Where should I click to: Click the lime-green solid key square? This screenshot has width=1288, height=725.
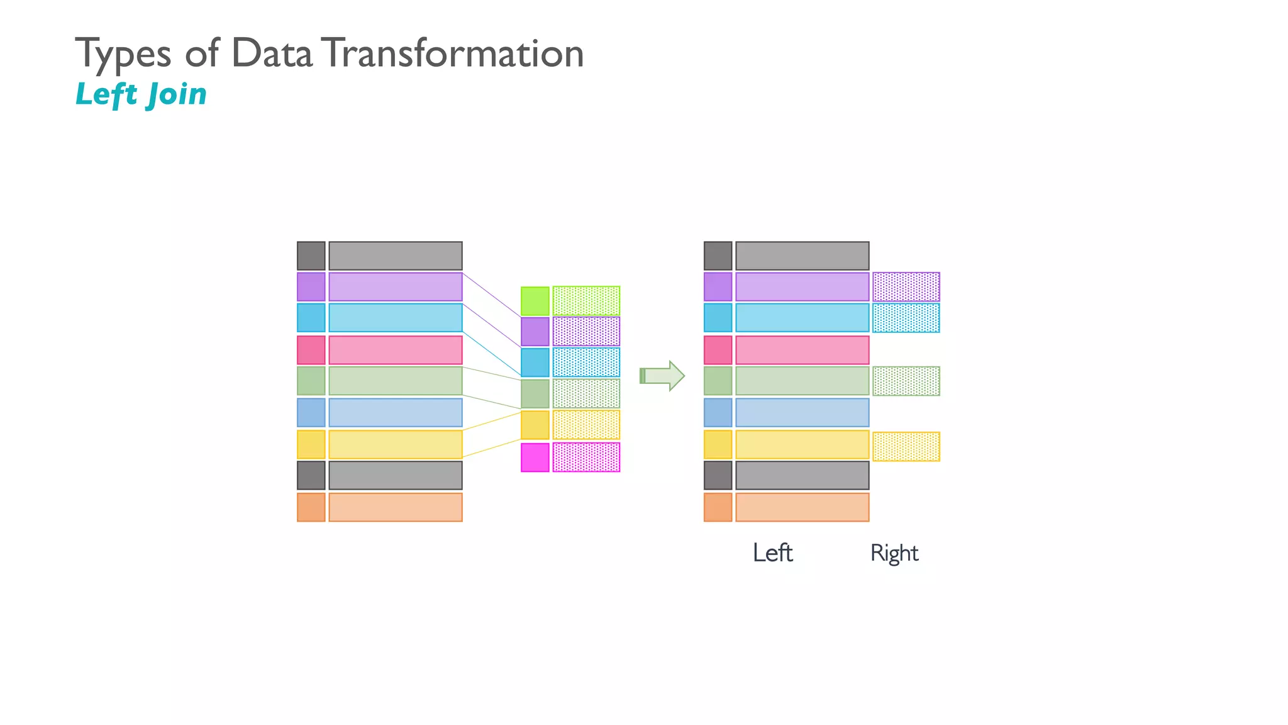click(x=535, y=301)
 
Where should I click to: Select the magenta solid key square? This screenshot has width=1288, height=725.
click(x=535, y=458)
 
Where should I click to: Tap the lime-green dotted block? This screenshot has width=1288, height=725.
click(x=586, y=301)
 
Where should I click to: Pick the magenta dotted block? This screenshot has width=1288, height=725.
click(x=586, y=458)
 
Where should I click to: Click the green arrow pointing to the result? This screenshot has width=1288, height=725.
click(x=662, y=376)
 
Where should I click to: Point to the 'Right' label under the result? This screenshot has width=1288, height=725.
click(x=894, y=553)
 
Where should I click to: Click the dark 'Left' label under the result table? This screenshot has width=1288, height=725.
click(x=772, y=553)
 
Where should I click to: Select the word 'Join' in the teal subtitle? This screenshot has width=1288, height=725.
click(x=177, y=95)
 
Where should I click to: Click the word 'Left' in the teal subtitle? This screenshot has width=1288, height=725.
click(x=106, y=94)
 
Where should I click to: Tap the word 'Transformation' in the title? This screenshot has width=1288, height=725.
click(x=455, y=53)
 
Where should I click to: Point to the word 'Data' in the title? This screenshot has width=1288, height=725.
click(x=272, y=53)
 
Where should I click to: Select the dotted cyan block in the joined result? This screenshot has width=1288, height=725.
click(x=906, y=318)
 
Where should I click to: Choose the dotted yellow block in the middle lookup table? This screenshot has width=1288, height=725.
click(x=586, y=425)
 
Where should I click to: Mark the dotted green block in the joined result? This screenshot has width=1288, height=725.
click(x=906, y=381)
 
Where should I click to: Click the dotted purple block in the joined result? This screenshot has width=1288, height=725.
click(x=906, y=287)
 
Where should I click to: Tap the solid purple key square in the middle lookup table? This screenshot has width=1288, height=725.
click(x=535, y=332)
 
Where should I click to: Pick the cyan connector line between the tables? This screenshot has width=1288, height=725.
click(x=492, y=354)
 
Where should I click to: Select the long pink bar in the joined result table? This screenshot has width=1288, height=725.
click(x=802, y=350)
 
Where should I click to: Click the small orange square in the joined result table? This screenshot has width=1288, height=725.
click(x=718, y=507)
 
